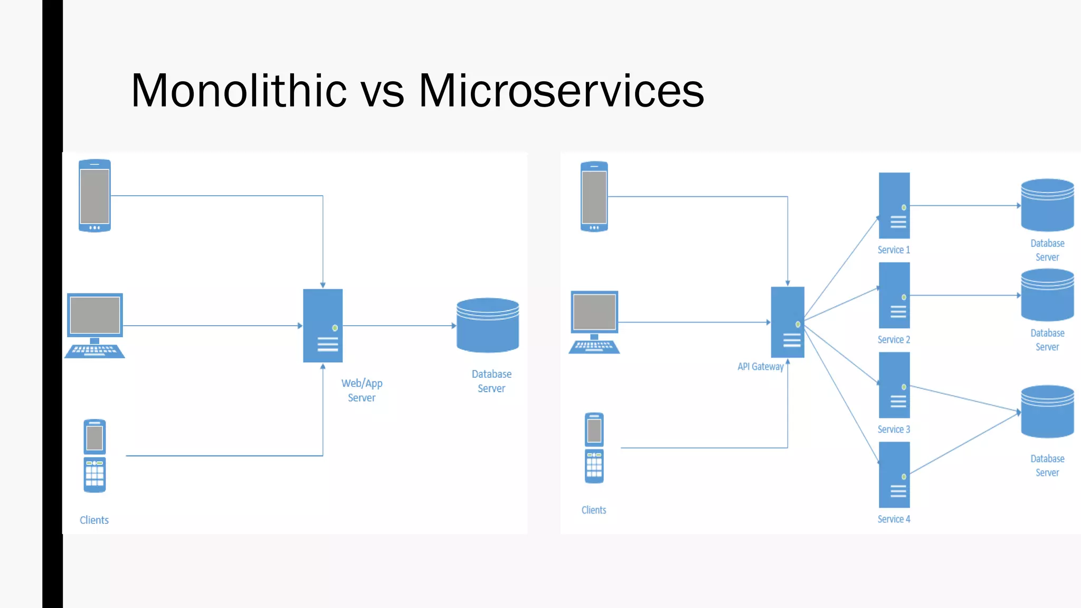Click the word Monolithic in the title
tap(239, 91)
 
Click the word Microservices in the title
tap(561, 91)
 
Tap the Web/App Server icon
tap(323, 326)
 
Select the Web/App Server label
tap(362, 391)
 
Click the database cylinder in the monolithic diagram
tap(488, 325)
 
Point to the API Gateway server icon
tap(788, 322)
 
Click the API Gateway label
tap(760, 366)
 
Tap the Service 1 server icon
tap(894, 205)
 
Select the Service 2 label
tap(894, 339)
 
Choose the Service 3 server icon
tap(894, 385)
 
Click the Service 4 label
tap(894, 519)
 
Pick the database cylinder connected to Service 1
tap(1047, 205)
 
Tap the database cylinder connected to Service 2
tap(1047, 295)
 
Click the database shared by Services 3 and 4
tap(1047, 412)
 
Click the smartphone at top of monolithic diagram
tap(94, 196)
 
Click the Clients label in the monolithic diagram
tap(94, 520)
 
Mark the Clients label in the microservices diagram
tap(594, 510)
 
